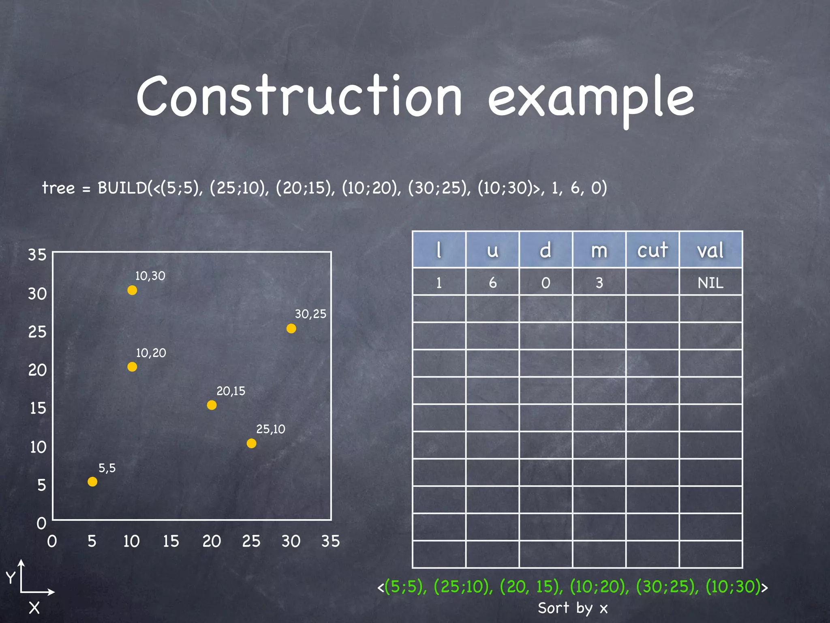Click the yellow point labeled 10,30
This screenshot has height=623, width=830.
[x=132, y=290]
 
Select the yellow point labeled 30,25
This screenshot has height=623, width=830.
[x=291, y=328]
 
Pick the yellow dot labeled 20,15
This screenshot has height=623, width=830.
[x=212, y=405]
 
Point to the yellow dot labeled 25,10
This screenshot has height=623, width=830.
[x=251, y=443]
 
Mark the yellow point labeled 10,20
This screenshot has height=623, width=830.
[x=132, y=367]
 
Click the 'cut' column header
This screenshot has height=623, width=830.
[x=652, y=250]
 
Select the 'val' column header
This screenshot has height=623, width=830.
[x=710, y=250]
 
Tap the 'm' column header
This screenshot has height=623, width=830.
[x=599, y=250]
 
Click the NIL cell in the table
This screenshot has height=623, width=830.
[x=710, y=282]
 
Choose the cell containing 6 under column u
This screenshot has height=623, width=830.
[x=492, y=282]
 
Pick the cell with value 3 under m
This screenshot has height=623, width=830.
[x=599, y=282]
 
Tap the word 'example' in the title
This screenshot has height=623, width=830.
[x=591, y=99]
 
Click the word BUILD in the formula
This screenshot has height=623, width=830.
[x=122, y=188]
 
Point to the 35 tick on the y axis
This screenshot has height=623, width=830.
[x=37, y=255]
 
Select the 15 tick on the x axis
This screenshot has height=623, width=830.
[x=171, y=541]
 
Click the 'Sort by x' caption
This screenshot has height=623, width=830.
[x=573, y=608]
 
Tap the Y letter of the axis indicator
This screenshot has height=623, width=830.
[x=11, y=577]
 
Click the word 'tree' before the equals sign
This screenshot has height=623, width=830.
[x=59, y=188]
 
